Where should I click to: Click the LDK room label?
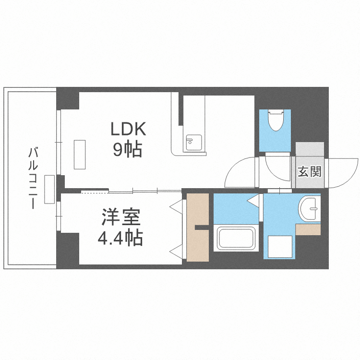coord(128,129)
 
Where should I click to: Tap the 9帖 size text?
coord(127,149)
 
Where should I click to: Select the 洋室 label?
coord(121,217)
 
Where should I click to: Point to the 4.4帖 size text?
coord(120,238)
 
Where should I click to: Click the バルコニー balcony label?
coord(33,178)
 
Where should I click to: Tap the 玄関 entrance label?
coord(310,171)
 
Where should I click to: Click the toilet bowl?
coord(276,120)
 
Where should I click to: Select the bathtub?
coord(236,238)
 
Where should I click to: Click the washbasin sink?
coord(309,209)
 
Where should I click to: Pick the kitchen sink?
coord(194,143)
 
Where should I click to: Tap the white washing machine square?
coord(280,247)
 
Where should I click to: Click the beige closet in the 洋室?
coord(197,228)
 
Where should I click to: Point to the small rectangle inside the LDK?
coord(80,155)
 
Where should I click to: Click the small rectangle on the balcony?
coord(49,190)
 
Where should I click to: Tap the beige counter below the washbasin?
coord(308,229)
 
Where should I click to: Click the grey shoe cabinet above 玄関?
coord(310,149)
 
